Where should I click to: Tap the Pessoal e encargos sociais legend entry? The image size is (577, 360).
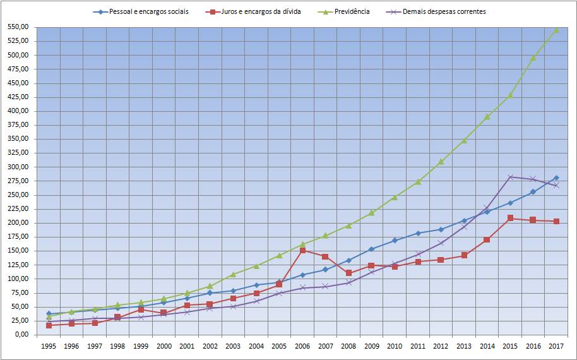click(148, 11)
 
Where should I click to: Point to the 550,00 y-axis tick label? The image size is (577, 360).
click(18, 27)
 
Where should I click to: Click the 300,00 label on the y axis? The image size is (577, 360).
click(18, 167)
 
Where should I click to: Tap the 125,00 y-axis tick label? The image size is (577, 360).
click(18, 265)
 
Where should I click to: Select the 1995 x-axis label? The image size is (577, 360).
click(48, 346)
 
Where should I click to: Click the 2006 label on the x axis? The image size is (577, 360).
click(302, 346)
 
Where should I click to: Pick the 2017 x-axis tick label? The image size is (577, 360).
click(556, 346)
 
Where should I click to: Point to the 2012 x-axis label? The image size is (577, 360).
click(441, 346)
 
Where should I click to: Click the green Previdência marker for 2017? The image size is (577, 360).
click(556, 30)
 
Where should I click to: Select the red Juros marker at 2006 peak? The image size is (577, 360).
click(302, 251)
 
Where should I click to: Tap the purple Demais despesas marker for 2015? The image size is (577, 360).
click(510, 177)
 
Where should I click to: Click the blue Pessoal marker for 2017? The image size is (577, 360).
click(556, 178)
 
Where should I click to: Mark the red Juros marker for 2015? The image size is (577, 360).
click(510, 218)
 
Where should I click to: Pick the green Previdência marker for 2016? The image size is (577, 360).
click(533, 57)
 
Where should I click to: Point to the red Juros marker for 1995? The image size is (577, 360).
click(49, 325)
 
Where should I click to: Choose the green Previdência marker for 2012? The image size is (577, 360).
click(441, 162)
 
